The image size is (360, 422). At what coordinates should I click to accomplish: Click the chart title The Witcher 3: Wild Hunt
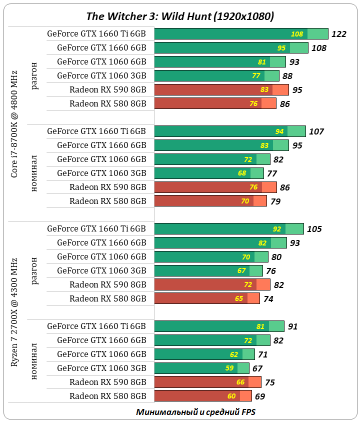click(x=180, y=15)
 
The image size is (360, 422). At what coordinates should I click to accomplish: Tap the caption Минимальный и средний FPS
click(x=195, y=412)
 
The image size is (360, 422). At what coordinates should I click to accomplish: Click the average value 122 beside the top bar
click(x=338, y=34)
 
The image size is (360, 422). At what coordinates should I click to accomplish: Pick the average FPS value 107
click(x=316, y=131)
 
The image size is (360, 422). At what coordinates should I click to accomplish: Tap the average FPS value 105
click(x=314, y=229)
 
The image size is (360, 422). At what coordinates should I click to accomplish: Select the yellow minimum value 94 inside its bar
click(x=279, y=131)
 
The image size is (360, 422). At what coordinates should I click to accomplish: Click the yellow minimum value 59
click(x=228, y=368)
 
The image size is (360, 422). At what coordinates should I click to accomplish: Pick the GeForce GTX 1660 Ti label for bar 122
click(x=96, y=34)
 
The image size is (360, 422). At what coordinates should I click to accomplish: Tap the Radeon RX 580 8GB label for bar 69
click(x=107, y=396)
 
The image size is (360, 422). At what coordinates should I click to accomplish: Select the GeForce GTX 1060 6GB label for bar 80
click(x=101, y=257)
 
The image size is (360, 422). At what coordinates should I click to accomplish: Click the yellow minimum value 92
click(x=276, y=229)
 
